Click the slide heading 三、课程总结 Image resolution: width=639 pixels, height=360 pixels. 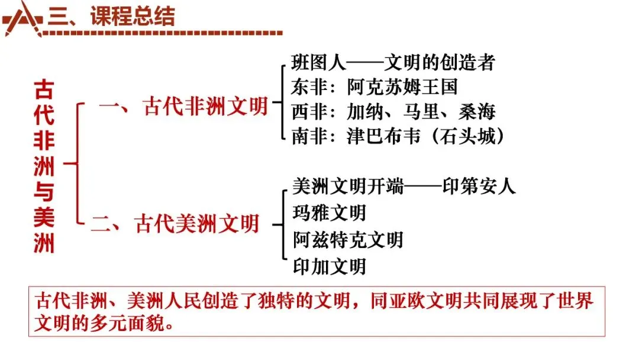point(112,17)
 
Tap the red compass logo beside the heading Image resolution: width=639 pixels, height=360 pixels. point(23,18)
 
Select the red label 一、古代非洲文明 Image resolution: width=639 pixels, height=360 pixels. point(183,107)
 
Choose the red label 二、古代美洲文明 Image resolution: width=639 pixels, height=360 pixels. point(175,224)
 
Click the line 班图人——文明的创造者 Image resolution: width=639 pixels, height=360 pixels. point(393,62)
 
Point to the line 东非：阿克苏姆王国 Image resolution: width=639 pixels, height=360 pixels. point(375,86)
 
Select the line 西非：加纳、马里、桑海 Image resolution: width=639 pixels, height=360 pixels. point(393,111)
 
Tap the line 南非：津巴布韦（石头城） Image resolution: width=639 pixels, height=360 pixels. point(399,136)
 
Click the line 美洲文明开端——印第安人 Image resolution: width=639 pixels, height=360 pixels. point(404,186)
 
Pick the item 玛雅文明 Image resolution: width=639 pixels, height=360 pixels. point(330,213)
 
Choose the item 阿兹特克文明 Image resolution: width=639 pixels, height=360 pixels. point(348,239)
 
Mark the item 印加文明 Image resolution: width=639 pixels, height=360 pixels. point(330,266)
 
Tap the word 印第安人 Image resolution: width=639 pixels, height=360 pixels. point(479,186)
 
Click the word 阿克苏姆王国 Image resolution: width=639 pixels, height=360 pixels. point(402,86)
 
